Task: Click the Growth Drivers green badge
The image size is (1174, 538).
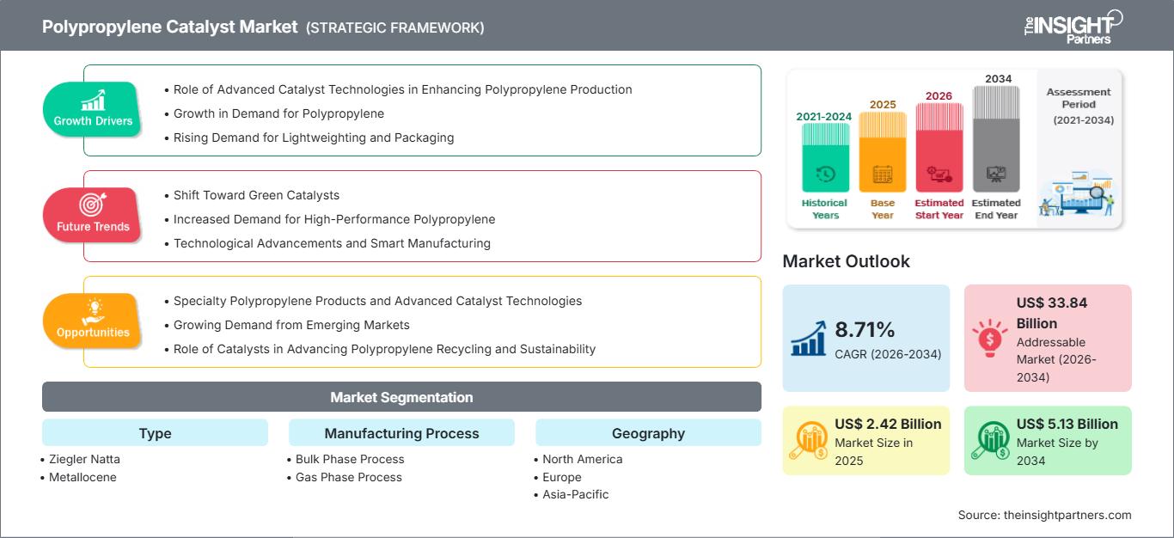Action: pos(93,109)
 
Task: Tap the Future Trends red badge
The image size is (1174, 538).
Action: pos(91,215)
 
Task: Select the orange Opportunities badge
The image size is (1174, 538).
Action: pos(93,321)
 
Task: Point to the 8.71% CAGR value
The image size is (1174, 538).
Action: pos(864,329)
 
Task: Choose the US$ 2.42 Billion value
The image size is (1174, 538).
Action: pos(888,424)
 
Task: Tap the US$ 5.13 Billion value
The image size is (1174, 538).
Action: pos(1067,424)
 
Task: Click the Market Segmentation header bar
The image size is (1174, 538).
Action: pos(401,397)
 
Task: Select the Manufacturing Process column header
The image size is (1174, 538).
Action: pos(401,433)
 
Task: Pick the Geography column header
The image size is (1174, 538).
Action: pos(648,433)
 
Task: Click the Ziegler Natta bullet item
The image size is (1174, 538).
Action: pos(84,459)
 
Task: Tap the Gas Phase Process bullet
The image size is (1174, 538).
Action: pos(348,477)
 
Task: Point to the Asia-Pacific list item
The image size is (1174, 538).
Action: pos(575,494)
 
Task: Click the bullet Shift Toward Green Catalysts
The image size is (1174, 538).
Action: pos(256,195)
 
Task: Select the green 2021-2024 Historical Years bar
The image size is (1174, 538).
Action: pos(825,159)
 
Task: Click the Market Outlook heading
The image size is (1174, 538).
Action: pos(846,261)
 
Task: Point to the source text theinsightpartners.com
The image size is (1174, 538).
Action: pos(1044,515)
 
